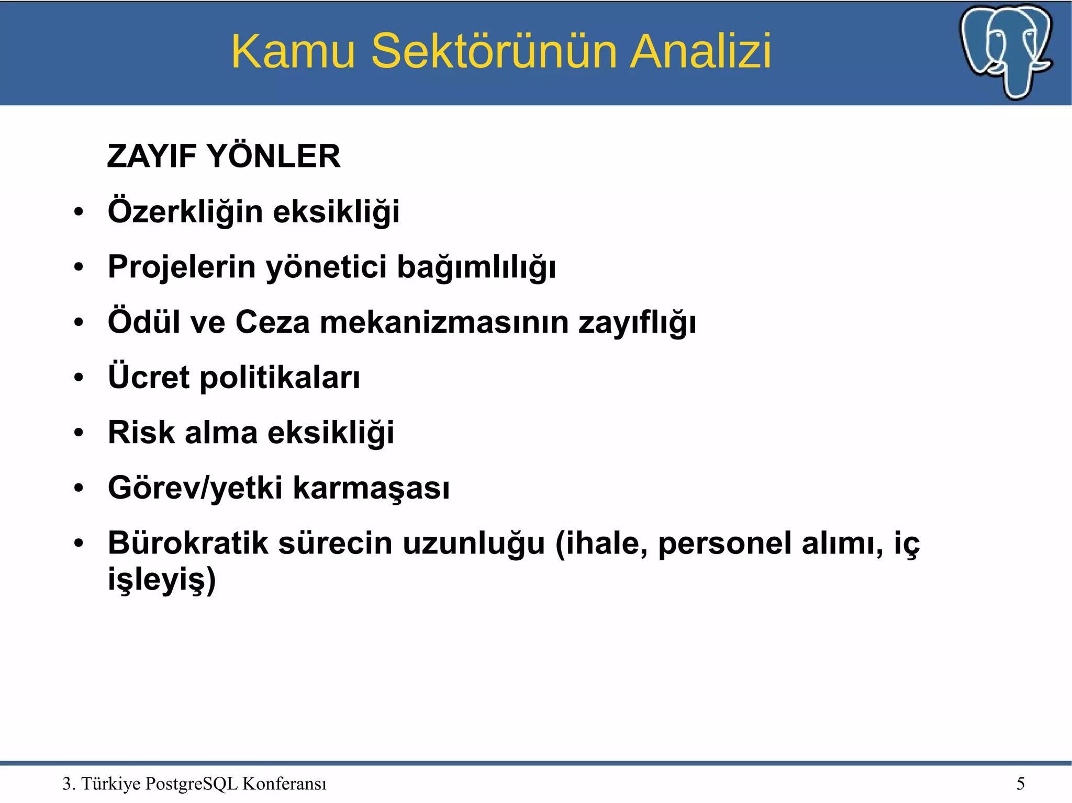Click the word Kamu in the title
(293, 51)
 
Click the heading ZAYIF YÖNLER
(224, 156)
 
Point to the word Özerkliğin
(185, 212)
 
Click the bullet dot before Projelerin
(79, 268)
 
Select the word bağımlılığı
(476, 268)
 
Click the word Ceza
(272, 322)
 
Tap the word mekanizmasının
(444, 322)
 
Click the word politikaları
(280, 378)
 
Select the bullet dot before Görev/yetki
(79, 489)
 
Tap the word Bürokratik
(188, 543)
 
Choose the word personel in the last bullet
(724, 544)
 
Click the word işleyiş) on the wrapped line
(162, 580)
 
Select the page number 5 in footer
(1020, 784)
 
